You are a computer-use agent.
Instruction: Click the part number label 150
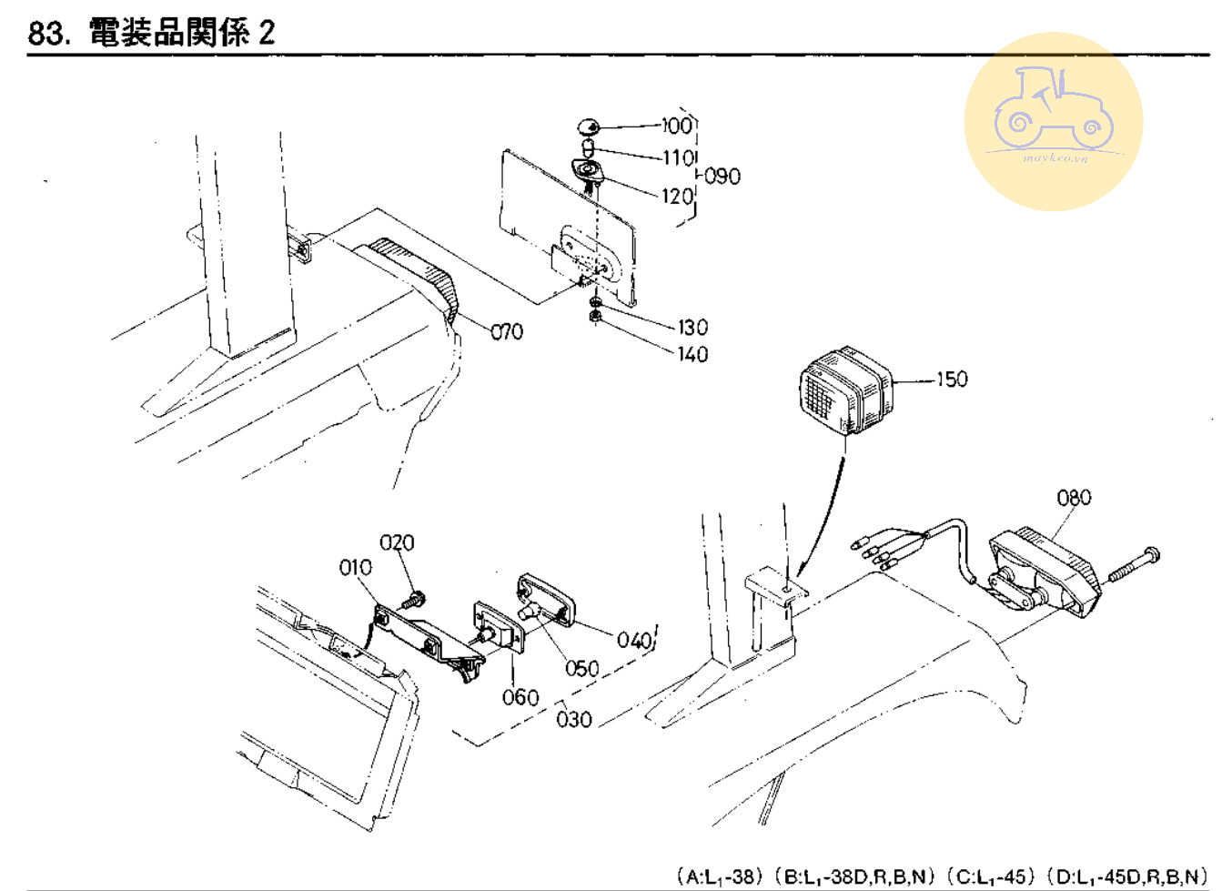tap(952, 379)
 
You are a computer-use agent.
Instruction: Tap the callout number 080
tap(1074, 498)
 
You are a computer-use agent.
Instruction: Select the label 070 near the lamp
tap(507, 332)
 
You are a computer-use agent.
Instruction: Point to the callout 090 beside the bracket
tap(722, 176)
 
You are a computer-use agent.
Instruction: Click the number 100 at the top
tap(677, 125)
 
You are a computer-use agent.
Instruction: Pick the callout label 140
tap(692, 354)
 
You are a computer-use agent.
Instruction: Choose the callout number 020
tap(397, 543)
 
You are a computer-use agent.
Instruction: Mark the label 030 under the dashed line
tap(574, 720)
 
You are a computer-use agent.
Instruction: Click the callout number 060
tap(520, 697)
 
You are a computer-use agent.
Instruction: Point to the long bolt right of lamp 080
tap(1134, 563)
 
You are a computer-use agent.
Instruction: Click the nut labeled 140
tap(594, 317)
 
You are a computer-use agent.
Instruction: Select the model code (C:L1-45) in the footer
tap(990, 876)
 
